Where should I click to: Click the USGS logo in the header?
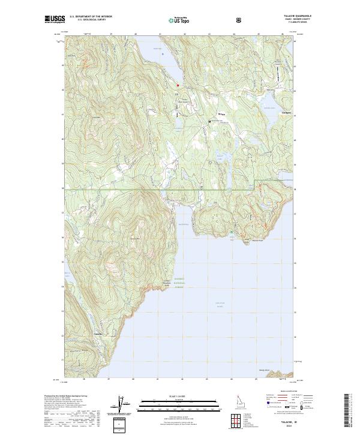tap(55, 19)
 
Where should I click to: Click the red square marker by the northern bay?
tap(177, 85)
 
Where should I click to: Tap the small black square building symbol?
tap(209, 121)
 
